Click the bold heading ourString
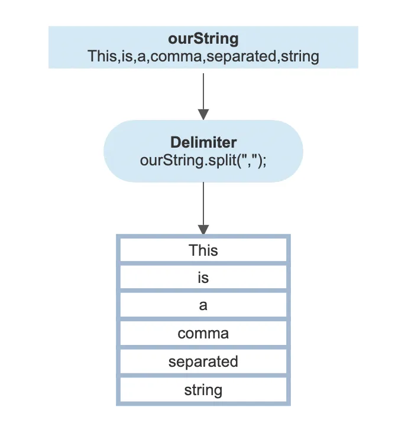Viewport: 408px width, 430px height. click(x=203, y=38)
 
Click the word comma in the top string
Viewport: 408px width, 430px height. click(x=176, y=56)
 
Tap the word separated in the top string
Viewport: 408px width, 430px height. click(x=241, y=57)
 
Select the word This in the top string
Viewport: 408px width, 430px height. click(x=102, y=56)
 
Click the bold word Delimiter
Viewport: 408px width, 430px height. click(x=203, y=142)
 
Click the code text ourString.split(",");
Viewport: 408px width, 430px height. click(x=203, y=161)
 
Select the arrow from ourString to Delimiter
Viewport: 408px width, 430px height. click(x=203, y=96)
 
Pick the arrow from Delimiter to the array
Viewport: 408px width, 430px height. click(x=203, y=209)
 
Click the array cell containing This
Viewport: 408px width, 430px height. click(x=203, y=250)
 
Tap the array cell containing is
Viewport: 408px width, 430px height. click(x=203, y=277)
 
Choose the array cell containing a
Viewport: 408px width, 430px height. click(x=203, y=305)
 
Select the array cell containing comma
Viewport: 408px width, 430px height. click(x=203, y=334)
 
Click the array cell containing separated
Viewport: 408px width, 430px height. click(x=203, y=361)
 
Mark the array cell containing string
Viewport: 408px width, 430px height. click(x=203, y=390)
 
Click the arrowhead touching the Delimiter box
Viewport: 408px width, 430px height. click(x=203, y=115)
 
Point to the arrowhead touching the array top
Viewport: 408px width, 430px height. click(x=203, y=230)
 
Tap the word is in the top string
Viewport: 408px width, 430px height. click(x=127, y=56)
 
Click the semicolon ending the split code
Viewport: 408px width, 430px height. click(x=264, y=162)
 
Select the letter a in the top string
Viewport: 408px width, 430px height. click(x=141, y=57)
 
